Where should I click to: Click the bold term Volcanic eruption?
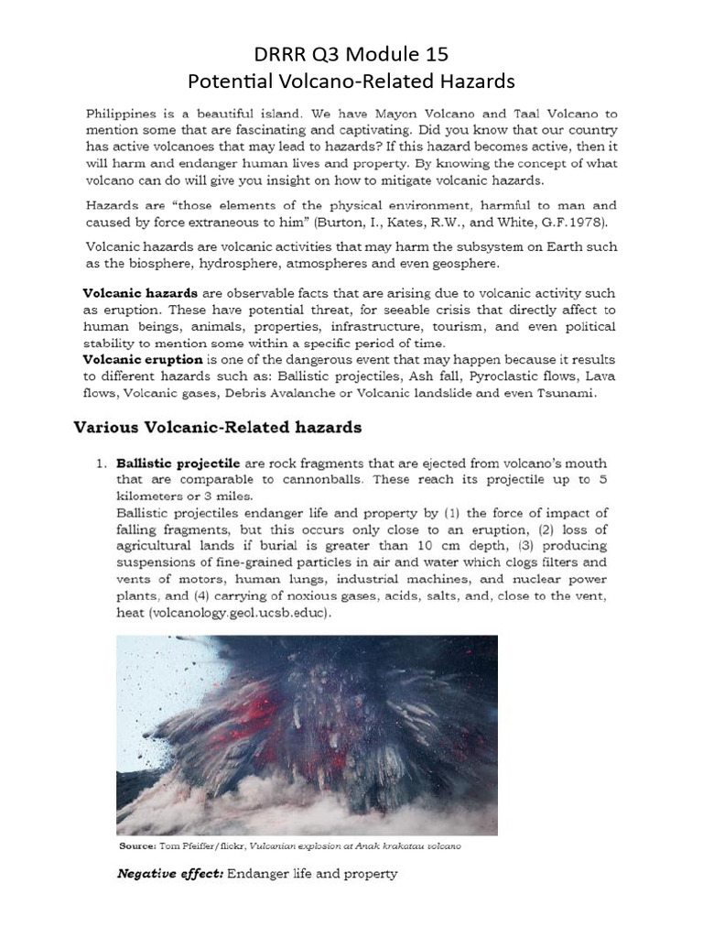143,360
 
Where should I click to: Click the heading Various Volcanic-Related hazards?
217,428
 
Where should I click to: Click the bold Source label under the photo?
138,845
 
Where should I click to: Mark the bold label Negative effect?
170,874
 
